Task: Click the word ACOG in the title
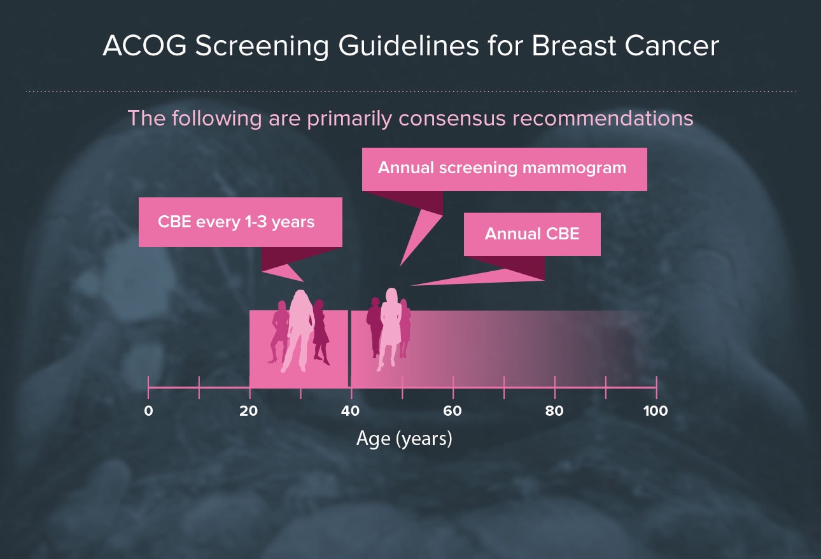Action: coord(145,46)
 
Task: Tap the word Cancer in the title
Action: coord(671,46)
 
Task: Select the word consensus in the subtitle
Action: coord(452,119)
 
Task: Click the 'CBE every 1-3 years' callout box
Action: coord(241,222)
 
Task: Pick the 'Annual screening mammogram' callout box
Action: coord(504,169)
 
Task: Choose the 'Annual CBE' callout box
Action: coord(532,234)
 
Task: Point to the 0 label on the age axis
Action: coord(148,411)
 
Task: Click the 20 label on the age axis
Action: coord(248,411)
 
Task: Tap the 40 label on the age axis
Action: coord(351,411)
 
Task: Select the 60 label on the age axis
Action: coord(453,411)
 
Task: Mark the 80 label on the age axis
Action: coord(554,411)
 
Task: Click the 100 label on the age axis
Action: coord(656,411)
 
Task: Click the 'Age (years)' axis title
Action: coord(404,439)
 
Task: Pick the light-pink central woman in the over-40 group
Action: coord(391,326)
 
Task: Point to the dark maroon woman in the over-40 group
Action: coord(375,326)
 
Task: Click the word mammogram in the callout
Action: coord(574,168)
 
